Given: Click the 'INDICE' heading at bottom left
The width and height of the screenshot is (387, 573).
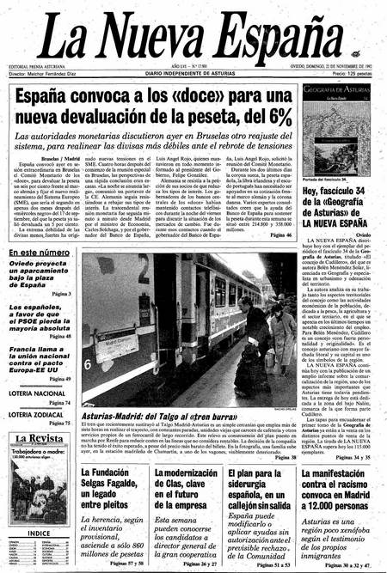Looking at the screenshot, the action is click(x=38, y=533).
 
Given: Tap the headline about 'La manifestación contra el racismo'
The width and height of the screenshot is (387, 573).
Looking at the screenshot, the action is click(x=338, y=485).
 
